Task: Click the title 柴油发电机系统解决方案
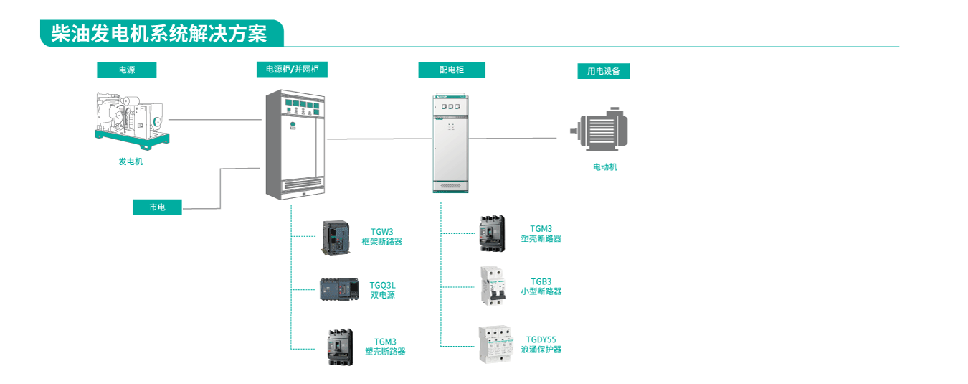pos(158,34)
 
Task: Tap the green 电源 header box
pos(126,70)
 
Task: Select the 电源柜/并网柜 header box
pos(292,69)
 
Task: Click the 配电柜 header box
pos(451,70)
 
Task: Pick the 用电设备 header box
pos(603,71)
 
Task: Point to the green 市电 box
pos(157,207)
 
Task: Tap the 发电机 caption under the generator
pos(131,161)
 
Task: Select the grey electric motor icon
pos(600,130)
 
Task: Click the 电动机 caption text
pos(604,167)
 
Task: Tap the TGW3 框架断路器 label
pos(381,237)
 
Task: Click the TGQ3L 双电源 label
pos(382,290)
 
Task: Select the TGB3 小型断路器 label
pos(541,286)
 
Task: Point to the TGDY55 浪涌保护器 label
pos(541,345)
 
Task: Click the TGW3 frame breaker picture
pos(336,238)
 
